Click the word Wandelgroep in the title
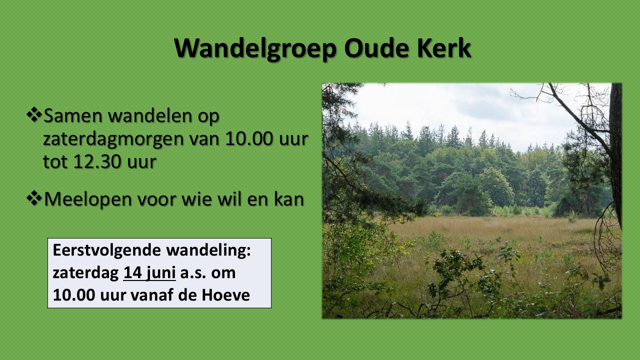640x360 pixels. tap(255, 48)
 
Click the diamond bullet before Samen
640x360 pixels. tap(34, 114)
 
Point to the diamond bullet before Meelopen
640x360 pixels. tap(34, 198)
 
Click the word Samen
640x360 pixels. tap(73, 115)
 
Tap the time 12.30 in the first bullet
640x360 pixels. tap(97, 161)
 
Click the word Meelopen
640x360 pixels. tap(88, 199)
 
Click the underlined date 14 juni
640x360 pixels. tap(149, 273)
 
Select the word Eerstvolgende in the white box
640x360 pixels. tap(107, 251)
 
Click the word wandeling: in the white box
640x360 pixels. tap(208, 251)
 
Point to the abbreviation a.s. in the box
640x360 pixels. tap(193, 273)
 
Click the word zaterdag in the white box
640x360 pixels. tap(85, 273)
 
